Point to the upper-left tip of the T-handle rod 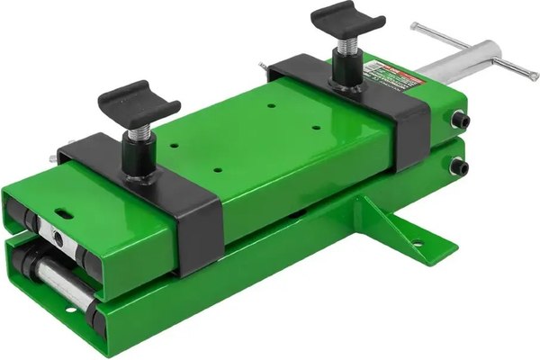coord(415,27)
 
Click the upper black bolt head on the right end coord(461,121)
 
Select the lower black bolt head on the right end coord(462,166)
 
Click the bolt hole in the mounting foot coord(417,240)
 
